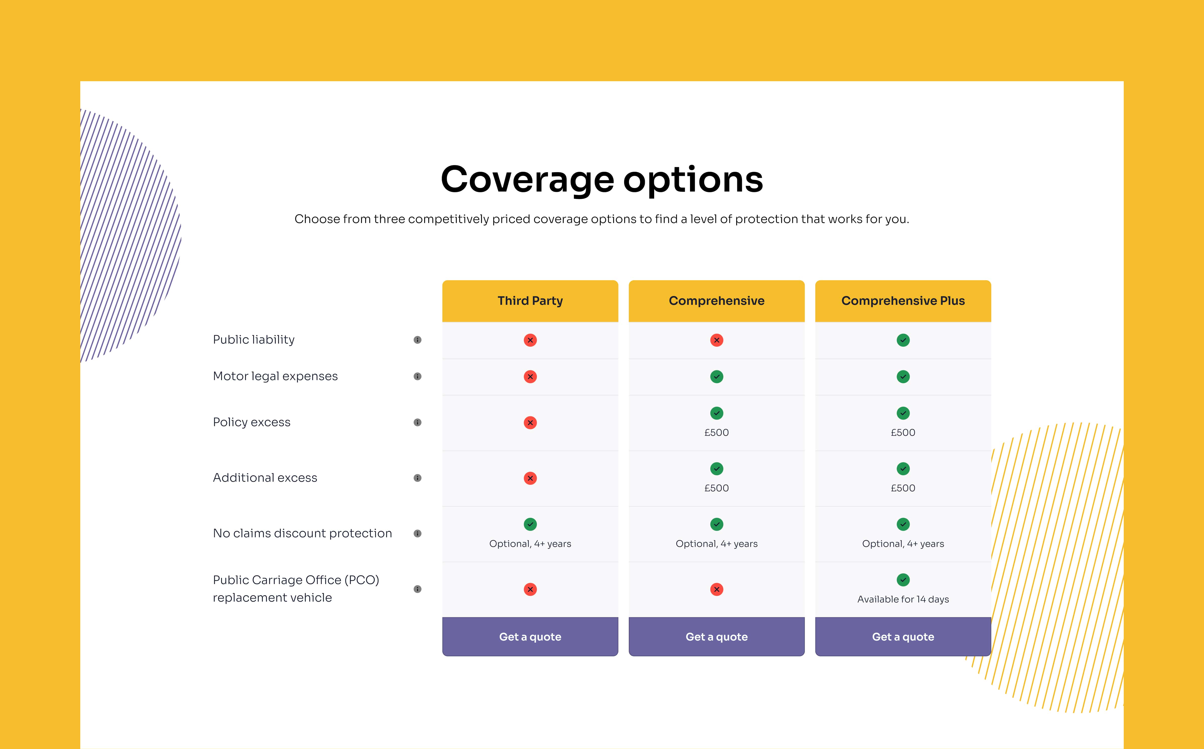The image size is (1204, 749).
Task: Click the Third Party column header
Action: click(530, 301)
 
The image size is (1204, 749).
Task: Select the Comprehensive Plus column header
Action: click(903, 301)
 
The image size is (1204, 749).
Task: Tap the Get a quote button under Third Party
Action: click(530, 636)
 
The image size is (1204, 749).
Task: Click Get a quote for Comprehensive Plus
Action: click(903, 636)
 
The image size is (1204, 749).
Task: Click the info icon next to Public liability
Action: click(417, 340)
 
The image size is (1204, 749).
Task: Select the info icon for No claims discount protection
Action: click(417, 533)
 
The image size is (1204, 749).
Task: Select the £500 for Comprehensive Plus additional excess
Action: click(903, 488)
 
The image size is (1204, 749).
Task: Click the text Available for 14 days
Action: click(903, 599)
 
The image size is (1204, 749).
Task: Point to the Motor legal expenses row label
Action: click(275, 377)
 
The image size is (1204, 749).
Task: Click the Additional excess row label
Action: click(265, 478)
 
